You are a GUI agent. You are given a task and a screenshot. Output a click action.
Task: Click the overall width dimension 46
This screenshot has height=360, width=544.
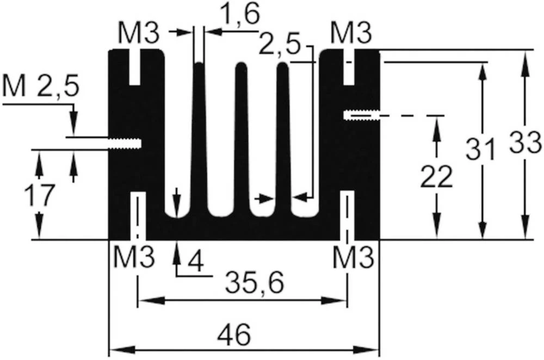coord(236,334)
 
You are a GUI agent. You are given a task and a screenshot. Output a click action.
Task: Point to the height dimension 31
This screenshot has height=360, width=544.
coord(480,150)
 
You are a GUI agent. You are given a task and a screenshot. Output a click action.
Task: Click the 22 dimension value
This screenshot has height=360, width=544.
coord(436,177)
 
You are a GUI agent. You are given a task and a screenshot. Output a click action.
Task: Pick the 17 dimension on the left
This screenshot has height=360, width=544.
coord(39,195)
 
